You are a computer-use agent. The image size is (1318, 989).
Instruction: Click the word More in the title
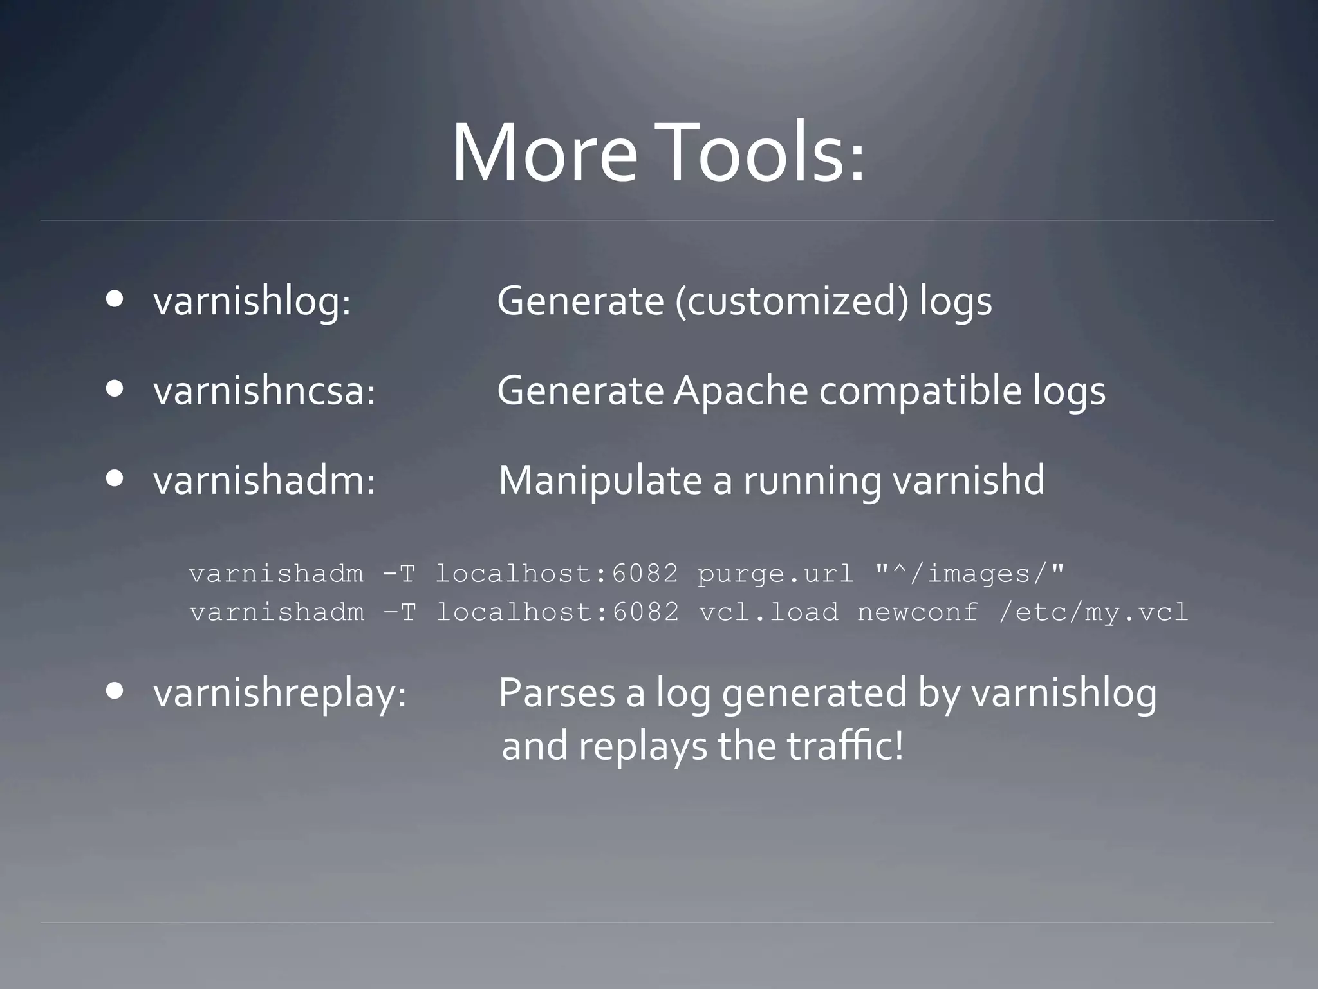(x=544, y=155)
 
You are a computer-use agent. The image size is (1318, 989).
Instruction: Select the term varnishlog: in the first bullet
(x=252, y=301)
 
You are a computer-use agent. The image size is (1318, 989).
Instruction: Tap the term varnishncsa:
(x=265, y=391)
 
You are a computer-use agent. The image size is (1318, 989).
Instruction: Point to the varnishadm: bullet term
(x=265, y=481)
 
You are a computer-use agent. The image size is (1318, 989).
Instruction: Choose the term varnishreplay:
(x=280, y=694)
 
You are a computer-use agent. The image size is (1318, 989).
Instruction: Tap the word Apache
(x=740, y=391)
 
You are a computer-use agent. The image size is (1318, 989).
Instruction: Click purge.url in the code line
(x=775, y=574)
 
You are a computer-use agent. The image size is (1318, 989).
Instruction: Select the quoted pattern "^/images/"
(x=970, y=574)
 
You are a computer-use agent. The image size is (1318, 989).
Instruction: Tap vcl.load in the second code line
(x=769, y=612)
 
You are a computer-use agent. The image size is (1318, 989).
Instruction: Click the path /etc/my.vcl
(x=1093, y=612)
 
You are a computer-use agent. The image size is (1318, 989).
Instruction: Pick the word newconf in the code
(x=918, y=612)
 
